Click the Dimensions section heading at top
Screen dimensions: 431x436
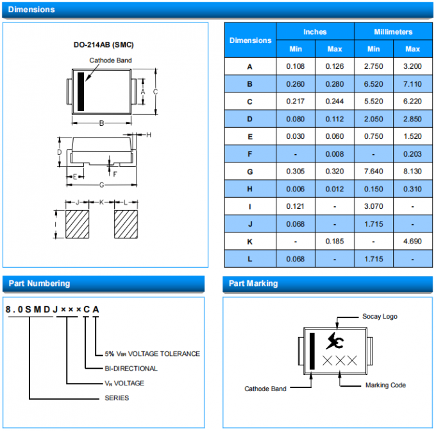tap(31, 10)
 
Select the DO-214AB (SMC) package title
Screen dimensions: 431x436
tap(103, 45)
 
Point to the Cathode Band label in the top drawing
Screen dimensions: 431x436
tap(110, 60)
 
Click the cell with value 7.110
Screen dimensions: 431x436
tap(412, 84)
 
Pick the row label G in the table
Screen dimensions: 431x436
tap(250, 172)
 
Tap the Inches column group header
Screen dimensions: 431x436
tap(315, 31)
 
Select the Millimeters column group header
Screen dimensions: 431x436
tap(393, 31)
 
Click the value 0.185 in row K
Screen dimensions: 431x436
tap(335, 242)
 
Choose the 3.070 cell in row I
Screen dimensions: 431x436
tap(373, 206)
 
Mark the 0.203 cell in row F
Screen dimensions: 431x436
tap(412, 154)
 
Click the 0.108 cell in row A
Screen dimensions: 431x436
tap(295, 66)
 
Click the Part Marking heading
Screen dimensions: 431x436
tap(253, 283)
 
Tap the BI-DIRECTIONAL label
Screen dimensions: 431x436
tap(131, 368)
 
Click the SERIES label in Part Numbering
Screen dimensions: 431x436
tap(117, 398)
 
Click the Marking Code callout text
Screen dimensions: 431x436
tap(385, 385)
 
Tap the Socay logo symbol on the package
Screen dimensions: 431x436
tap(334, 340)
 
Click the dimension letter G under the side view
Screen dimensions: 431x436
tap(101, 185)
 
